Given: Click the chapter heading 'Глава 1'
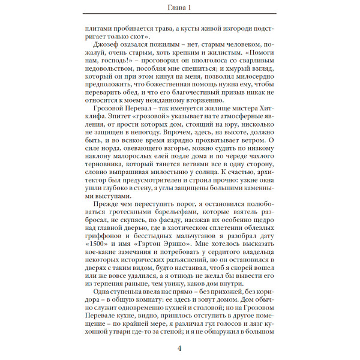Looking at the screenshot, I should tap(180, 7).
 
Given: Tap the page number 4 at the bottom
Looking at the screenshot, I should tap(180, 349).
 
